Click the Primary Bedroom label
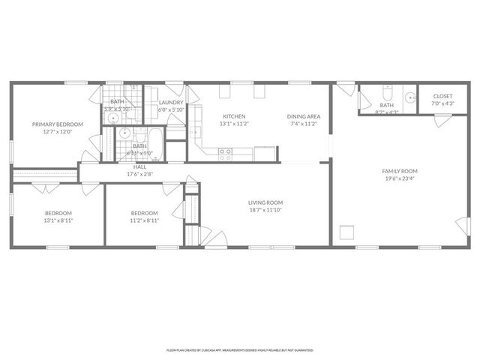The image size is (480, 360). [x=57, y=124]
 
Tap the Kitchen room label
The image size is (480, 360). [x=234, y=116]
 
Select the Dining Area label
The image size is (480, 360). [x=304, y=116]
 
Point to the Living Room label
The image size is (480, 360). [x=265, y=202]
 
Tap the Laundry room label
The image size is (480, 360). [x=171, y=102]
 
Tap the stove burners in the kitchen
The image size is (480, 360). [x=224, y=154]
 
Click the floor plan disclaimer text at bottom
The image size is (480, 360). [x=240, y=349]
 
